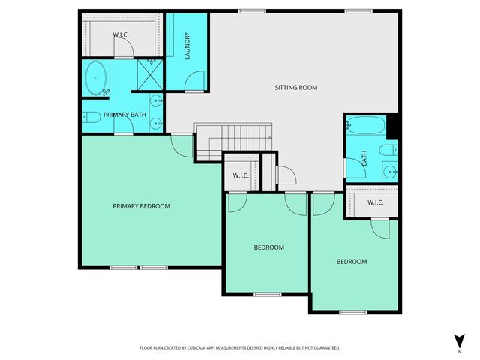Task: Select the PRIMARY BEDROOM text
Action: pyautogui.click(x=141, y=206)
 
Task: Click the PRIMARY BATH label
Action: pyautogui.click(x=124, y=115)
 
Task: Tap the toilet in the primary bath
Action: pyautogui.click(x=90, y=116)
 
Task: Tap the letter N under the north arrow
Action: pyautogui.click(x=459, y=350)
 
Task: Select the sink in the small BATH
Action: pyautogui.click(x=389, y=170)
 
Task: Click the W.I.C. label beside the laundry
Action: pyautogui.click(x=121, y=34)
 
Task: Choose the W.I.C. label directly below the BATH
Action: pyautogui.click(x=376, y=203)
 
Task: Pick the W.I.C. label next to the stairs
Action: pyautogui.click(x=241, y=175)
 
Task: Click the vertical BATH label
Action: pyautogui.click(x=364, y=159)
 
